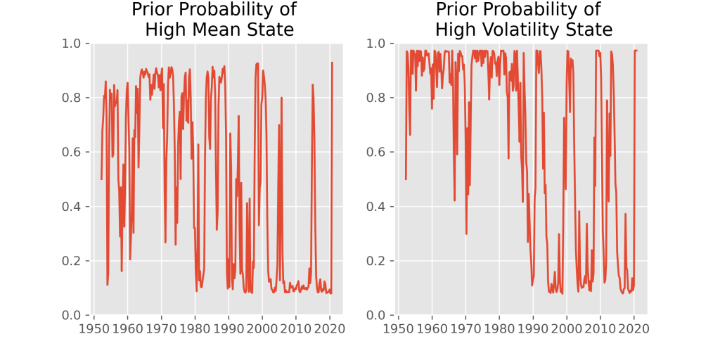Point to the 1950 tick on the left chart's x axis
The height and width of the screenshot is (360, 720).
tap(94, 328)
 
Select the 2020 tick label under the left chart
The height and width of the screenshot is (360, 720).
tap(330, 328)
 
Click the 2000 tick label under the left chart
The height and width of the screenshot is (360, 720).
tap(262, 328)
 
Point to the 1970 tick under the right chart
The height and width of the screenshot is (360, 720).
tap(465, 328)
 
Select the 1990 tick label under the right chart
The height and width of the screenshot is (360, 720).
tap(533, 328)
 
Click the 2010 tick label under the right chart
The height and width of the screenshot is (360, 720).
tap(600, 328)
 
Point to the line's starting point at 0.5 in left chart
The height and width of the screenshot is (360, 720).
tap(101, 179)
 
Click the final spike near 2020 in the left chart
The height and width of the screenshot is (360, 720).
tap(332, 63)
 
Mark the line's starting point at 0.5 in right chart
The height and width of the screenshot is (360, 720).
tap(406, 179)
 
